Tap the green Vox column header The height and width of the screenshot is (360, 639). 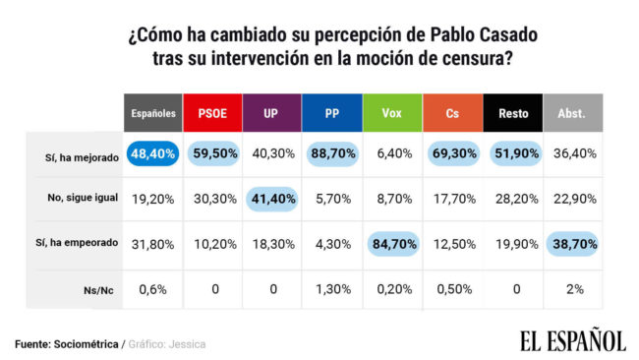[391, 113]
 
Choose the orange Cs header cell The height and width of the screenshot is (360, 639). [452, 113]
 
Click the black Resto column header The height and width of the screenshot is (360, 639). [511, 113]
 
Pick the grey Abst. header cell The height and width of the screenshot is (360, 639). [572, 113]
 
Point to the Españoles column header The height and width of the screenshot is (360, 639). [153, 113]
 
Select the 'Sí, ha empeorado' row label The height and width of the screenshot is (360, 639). [84, 242]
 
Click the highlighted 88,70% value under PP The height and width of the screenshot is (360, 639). [331, 153]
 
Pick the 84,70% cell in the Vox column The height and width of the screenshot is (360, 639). [391, 243]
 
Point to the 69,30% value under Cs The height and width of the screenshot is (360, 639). [451, 153]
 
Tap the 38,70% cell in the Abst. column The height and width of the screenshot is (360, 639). [572, 243]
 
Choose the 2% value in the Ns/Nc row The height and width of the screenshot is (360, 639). [572, 288]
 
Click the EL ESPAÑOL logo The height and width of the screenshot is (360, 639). [571, 340]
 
